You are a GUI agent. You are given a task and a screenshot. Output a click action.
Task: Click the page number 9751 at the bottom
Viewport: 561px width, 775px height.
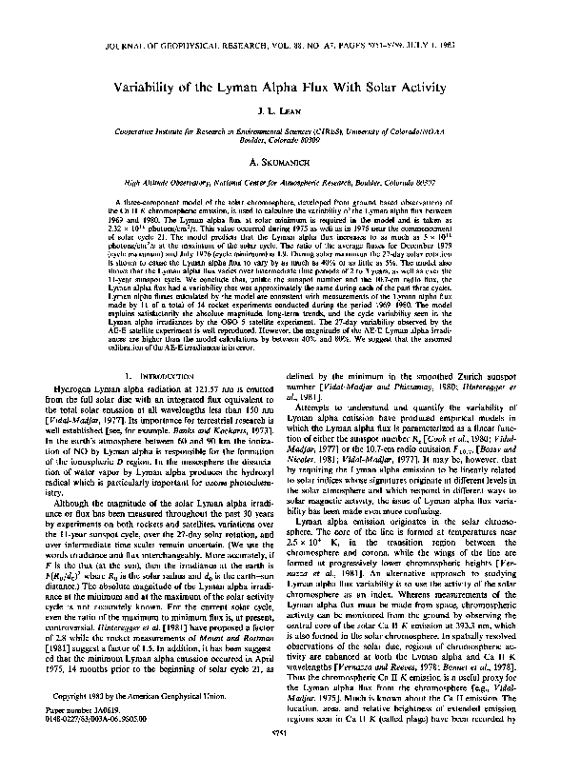280,757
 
